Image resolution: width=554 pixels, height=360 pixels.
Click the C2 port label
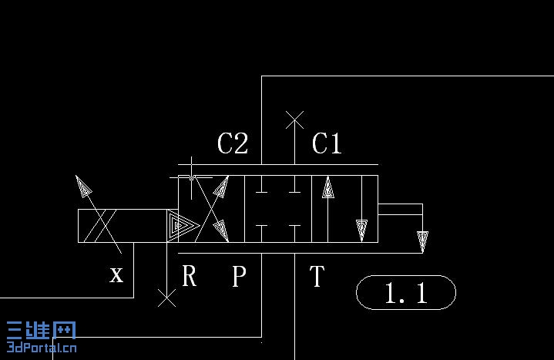233,143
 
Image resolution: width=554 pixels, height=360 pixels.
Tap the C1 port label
327,143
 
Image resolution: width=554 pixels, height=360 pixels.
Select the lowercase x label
116,274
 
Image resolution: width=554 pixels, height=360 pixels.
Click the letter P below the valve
240,276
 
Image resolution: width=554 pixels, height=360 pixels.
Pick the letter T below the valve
317,275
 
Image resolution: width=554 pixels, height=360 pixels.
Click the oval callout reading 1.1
406,293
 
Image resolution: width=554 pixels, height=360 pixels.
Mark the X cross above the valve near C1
294,119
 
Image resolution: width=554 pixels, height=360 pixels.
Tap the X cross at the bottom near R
166,298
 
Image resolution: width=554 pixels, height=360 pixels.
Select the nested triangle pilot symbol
181,225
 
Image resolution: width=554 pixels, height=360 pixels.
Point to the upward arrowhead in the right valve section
328,187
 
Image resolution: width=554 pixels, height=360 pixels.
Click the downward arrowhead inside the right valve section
361,230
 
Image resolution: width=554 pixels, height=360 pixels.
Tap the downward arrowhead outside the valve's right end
422,241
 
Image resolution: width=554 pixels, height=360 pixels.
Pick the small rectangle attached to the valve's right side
400,209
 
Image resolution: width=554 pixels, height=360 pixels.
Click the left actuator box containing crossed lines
106,226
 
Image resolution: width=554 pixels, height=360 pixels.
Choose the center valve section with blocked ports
277,209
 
